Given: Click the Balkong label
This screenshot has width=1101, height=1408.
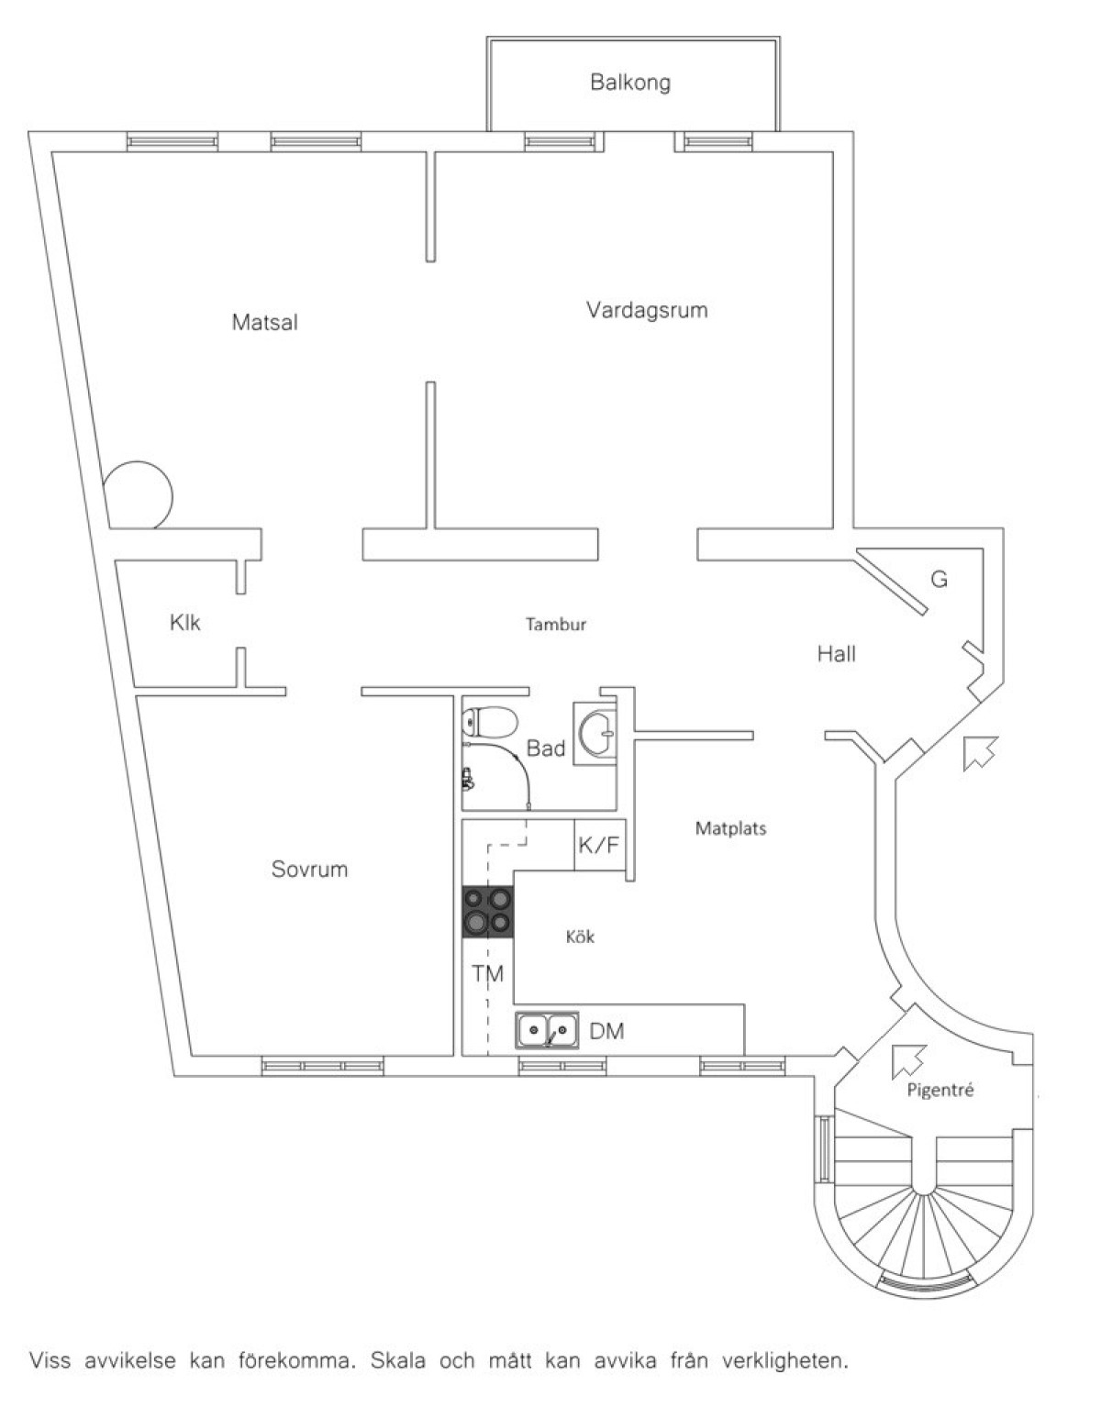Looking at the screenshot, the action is point(630,83).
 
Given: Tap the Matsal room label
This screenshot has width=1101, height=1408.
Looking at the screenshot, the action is point(265,322).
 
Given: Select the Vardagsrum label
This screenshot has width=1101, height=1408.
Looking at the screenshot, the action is point(647,310).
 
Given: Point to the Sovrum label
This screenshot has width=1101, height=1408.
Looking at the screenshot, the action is point(309,869).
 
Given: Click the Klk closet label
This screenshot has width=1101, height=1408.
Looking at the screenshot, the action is point(184,623).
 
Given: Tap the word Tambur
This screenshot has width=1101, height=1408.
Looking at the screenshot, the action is point(556,624).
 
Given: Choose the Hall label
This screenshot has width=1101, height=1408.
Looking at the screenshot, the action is point(836,654).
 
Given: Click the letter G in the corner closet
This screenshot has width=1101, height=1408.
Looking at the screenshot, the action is point(939,579).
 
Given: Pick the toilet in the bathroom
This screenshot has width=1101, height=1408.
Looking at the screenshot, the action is point(491,721).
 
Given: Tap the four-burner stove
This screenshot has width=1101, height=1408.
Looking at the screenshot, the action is point(487,912).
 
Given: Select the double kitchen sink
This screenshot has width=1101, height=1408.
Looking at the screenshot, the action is point(548,1029).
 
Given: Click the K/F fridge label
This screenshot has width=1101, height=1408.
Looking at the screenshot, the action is point(599,845).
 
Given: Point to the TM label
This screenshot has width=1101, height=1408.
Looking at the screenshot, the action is point(487,973).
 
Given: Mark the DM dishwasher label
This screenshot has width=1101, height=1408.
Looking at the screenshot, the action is point(606,1031).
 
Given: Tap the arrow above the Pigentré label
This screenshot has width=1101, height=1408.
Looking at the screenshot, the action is point(908,1059).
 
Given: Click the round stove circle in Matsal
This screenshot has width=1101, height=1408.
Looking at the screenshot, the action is point(139,495).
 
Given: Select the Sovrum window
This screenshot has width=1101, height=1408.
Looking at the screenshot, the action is point(322,1066).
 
